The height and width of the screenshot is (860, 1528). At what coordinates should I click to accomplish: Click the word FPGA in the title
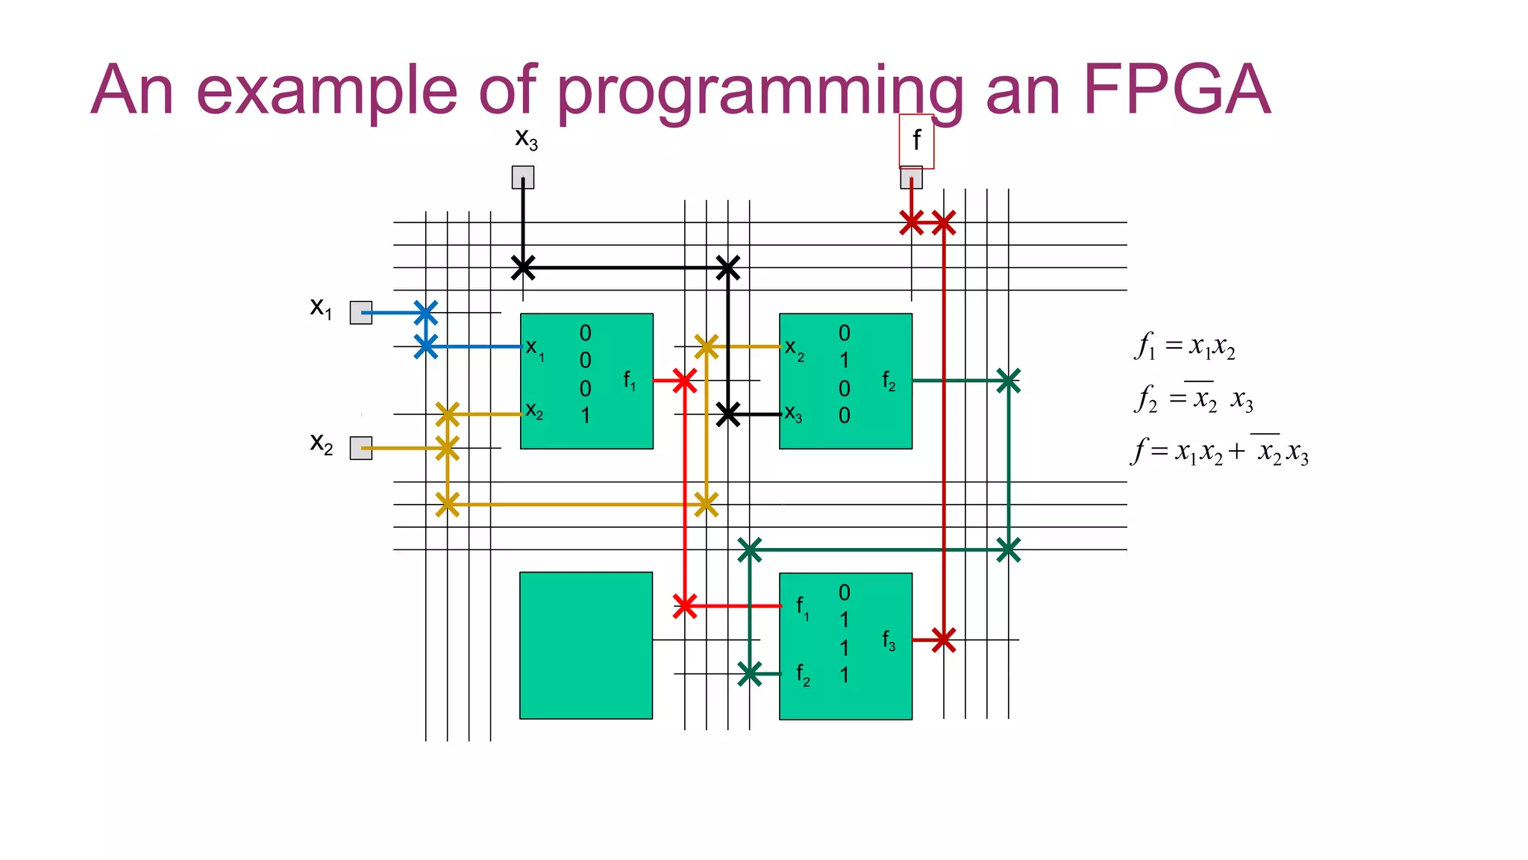coord(1177,90)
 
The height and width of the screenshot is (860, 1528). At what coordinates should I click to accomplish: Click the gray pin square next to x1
coord(361,313)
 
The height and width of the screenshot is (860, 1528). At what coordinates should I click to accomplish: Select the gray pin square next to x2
coord(361,448)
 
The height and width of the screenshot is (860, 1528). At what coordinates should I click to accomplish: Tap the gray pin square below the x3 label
coord(523,178)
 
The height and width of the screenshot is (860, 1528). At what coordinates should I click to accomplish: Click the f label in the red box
coord(916,140)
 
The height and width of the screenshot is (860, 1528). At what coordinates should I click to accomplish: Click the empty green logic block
coord(586,645)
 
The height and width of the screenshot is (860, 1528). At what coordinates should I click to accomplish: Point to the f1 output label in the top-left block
coord(630,381)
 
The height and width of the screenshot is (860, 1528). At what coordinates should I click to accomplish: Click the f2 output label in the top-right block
coord(889,381)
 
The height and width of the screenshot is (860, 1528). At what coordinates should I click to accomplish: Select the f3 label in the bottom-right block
coord(889,640)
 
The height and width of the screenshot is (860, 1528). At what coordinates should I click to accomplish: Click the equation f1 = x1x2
coord(1185,346)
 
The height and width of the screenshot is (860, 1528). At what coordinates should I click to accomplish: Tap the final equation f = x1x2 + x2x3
coord(1220,451)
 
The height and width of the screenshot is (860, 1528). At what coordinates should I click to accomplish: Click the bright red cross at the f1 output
coord(684,381)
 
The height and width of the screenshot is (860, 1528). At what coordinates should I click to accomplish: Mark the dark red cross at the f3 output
coord(944,640)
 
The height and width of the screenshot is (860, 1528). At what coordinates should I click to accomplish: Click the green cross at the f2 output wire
coord(1008,381)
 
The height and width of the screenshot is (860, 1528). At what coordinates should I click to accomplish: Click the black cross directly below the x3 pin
coord(523,267)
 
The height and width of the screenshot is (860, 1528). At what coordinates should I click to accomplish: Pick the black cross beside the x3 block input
coord(727,414)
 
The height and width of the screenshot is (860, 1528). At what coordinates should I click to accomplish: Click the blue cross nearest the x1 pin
coord(425,313)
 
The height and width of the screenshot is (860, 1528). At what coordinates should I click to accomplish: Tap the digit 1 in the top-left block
coord(586,415)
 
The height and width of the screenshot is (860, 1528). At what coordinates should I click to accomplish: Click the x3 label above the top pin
coord(526,139)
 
